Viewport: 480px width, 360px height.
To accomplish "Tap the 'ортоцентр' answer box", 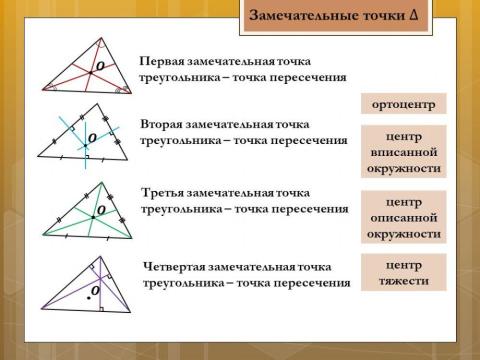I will pos(401,104).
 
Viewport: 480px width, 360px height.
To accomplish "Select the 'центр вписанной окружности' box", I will pos(401,152).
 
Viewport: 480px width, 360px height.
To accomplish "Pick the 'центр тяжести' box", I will pos(401,273).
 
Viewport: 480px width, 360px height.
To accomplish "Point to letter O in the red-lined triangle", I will pos(99,66).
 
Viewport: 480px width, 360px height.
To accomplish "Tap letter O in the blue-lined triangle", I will pos(91,137).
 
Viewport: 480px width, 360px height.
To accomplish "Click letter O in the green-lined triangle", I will pos(101,210).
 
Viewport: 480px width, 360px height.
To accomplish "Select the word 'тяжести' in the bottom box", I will pos(401,281).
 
